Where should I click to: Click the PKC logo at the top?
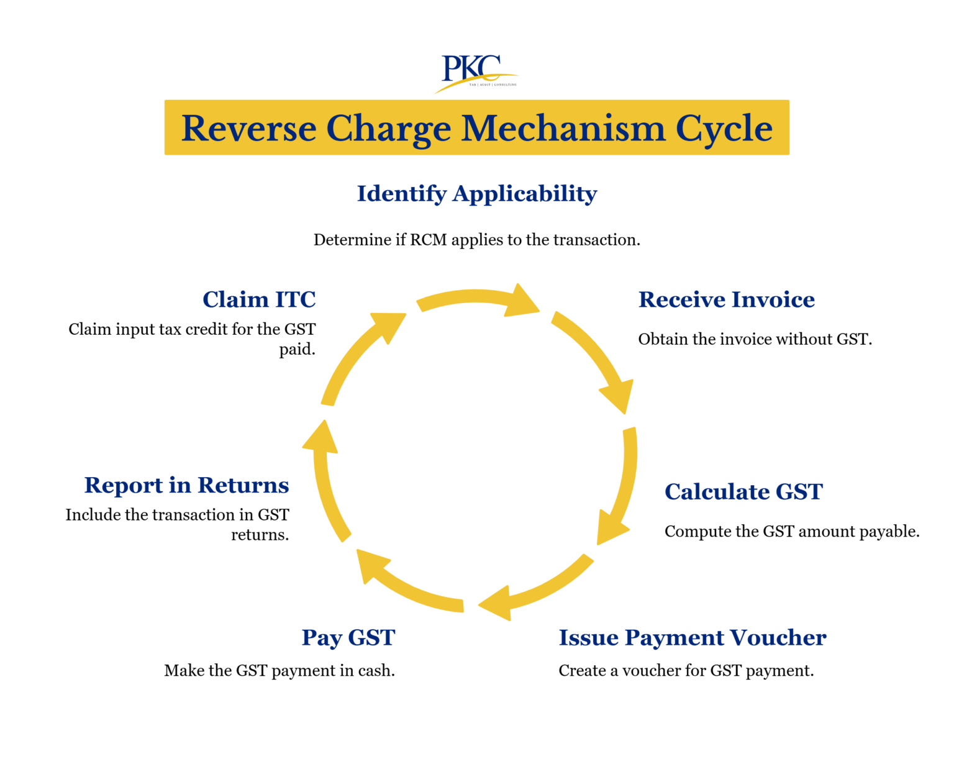475,71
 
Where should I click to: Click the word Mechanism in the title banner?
563,129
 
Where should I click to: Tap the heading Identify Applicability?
476,194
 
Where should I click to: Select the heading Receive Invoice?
726,300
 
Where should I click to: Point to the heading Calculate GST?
743,492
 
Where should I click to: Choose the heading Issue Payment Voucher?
692,638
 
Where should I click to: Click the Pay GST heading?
348,638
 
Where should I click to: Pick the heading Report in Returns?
186,485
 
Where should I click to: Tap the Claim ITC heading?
259,300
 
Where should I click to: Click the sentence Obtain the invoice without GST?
755,340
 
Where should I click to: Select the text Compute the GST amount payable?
791,532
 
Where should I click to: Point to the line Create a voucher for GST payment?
686,671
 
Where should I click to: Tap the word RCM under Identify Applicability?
429,240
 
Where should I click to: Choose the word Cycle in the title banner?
724,129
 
